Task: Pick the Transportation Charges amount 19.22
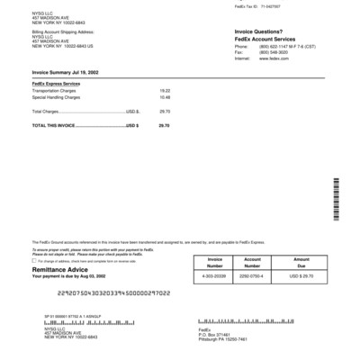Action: (x=165, y=91)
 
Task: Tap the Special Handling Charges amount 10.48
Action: (x=165, y=96)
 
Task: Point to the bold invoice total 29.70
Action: (x=164, y=126)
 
